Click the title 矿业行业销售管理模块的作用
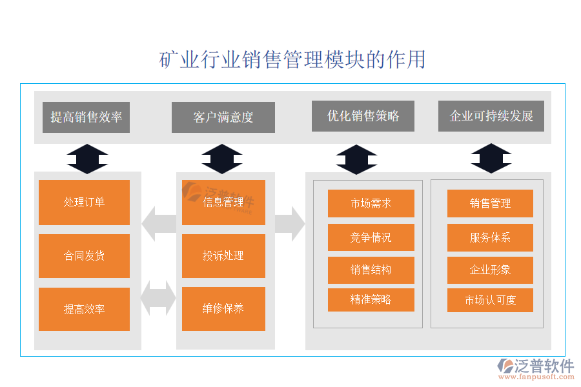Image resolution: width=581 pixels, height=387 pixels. [x=292, y=59]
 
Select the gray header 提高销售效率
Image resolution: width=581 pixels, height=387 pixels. [x=86, y=117]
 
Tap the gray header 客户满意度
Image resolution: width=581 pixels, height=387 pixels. [x=223, y=117]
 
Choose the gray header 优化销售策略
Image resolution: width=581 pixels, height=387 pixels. [x=363, y=116]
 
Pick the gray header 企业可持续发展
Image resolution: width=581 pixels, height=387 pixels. [x=491, y=116]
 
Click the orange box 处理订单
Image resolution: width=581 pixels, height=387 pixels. [x=84, y=203]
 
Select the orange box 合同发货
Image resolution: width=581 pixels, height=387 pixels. [x=84, y=256]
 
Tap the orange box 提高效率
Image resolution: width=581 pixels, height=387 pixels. [x=84, y=309]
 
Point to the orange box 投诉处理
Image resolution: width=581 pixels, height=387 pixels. [x=223, y=256]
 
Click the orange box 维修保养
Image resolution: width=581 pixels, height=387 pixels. [x=223, y=309]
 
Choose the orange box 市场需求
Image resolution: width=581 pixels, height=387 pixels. [x=371, y=203]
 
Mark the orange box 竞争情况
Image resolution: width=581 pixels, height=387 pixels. [x=371, y=237]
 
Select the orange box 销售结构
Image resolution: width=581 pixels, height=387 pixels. [x=371, y=270]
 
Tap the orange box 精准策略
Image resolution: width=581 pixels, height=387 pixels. [x=371, y=300]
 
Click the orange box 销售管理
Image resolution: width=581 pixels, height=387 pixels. [x=490, y=203]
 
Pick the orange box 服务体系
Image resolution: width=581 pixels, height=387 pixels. [x=490, y=237]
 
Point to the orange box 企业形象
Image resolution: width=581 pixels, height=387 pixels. [x=490, y=270]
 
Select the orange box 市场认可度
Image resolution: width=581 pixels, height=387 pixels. [x=490, y=300]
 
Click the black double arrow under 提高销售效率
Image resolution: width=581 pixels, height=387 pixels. [x=87, y=159]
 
